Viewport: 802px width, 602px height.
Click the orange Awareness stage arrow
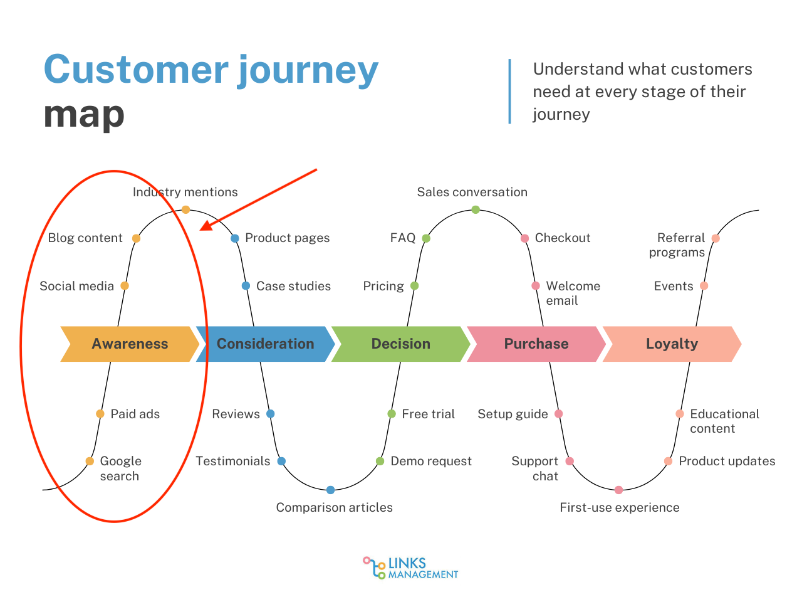[x=130, y=344]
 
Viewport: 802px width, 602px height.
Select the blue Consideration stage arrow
[x=265, y=344]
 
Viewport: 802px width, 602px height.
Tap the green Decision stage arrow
[x=400, y=344]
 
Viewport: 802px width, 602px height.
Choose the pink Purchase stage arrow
[x=536, y=344]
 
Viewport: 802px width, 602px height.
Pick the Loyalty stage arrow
[x=672, y=344]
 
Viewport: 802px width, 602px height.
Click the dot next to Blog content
[x=136, y=238]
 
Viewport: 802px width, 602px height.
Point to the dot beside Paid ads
[x=100, y=414]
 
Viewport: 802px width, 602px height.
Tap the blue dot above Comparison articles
[x=330, y=490]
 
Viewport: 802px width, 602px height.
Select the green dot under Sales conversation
[x=476, y=209]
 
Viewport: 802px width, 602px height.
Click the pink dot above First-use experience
[x=618, y=490]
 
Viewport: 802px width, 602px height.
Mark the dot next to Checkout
[x=525, y=238]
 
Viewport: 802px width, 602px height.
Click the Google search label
[x=120, y=468]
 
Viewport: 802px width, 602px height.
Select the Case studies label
[x=293, y=286]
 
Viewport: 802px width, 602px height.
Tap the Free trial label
[x=428, y=414]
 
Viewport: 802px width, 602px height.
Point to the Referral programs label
[x=677, y=245]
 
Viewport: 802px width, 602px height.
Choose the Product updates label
[x=727, y=461]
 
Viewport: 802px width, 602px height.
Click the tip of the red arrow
[x=201, y=230]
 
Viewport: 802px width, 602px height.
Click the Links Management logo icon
[x=374, y=568]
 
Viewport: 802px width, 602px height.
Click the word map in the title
[x=84, y=115]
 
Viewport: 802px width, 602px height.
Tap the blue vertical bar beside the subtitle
[x=509, y=92]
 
